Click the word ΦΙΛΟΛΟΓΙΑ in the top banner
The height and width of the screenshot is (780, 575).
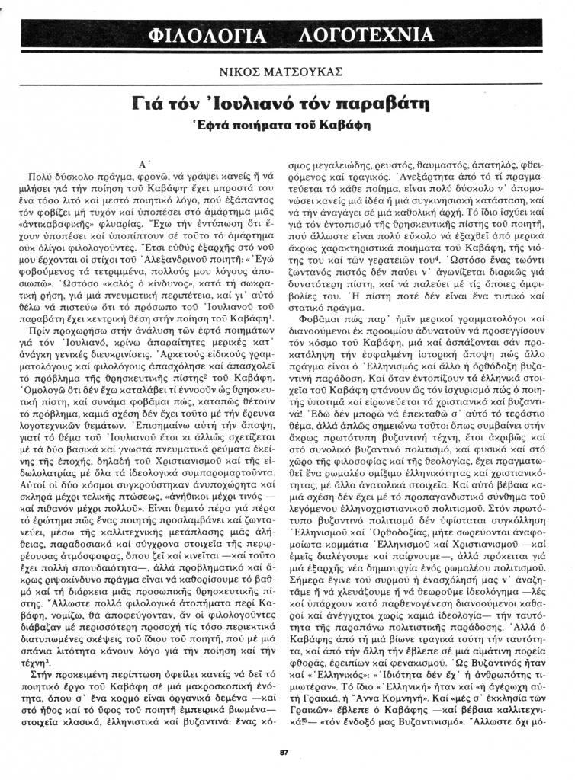click(x=207, y=36)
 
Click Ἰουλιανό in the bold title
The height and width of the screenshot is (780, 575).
click(x=243, y=102)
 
